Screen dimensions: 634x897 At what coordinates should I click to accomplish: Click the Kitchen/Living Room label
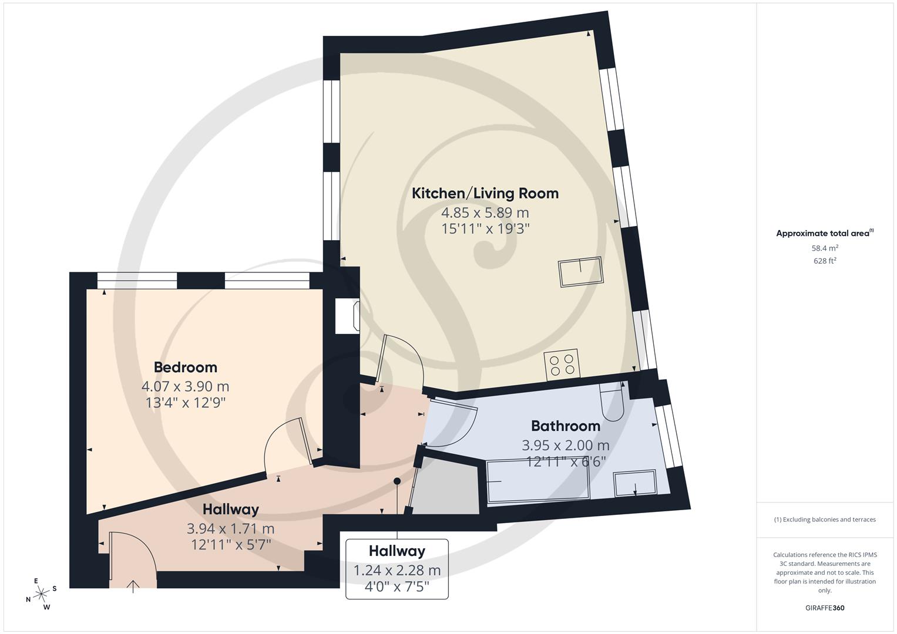485,193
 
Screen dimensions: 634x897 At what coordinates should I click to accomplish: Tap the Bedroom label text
185,367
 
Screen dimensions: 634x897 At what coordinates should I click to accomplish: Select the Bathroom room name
565,426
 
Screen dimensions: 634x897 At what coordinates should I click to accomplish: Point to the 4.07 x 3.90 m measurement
185,386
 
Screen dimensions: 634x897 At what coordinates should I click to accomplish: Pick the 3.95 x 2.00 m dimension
565,445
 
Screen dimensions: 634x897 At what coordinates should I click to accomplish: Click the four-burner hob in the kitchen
562,365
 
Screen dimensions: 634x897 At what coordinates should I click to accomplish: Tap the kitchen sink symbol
580,272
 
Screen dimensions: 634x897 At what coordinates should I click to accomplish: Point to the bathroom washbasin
635,483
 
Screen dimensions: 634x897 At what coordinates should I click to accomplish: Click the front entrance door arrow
133,585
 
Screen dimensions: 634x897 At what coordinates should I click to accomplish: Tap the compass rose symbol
41,594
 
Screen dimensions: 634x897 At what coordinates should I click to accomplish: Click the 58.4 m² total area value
824,248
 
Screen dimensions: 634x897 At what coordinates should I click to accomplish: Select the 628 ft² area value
824,261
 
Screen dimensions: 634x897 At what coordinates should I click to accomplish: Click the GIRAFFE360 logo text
824,608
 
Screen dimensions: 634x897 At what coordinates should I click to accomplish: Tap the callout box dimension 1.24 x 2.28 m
397,570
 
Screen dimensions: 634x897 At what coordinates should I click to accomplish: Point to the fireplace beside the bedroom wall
347,316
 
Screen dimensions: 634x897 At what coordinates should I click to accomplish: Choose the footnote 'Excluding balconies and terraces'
824,520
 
